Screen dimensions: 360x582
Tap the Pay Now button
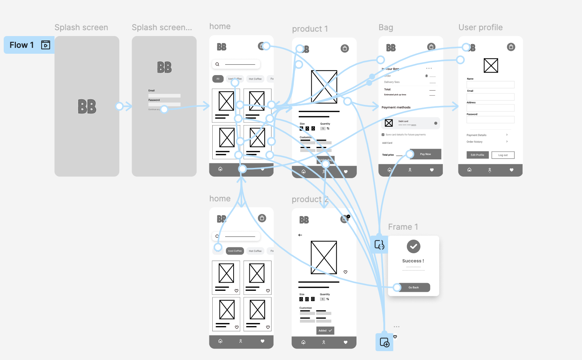point(425,154)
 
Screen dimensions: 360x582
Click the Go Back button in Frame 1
point(414,287)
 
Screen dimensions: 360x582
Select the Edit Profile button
point(478,155)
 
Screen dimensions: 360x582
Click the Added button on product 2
point(325,331)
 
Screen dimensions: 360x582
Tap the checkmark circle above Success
point(414,246)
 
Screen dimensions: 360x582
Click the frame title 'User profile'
point(480,28)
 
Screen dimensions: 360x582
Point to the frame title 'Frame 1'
point(403,227)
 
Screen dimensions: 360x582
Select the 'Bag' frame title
point(386,28)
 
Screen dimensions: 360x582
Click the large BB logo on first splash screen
point(87,107)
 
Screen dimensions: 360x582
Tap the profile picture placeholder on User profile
point(491,66)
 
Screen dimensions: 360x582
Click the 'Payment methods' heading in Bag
point(396,107)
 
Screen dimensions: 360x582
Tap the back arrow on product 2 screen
point(300,235)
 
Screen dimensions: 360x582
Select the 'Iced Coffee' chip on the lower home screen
point(235,251)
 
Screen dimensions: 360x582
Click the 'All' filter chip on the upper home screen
point(218,79)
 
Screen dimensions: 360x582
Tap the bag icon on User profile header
point(511,47)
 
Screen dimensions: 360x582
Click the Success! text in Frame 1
point(413,261)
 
